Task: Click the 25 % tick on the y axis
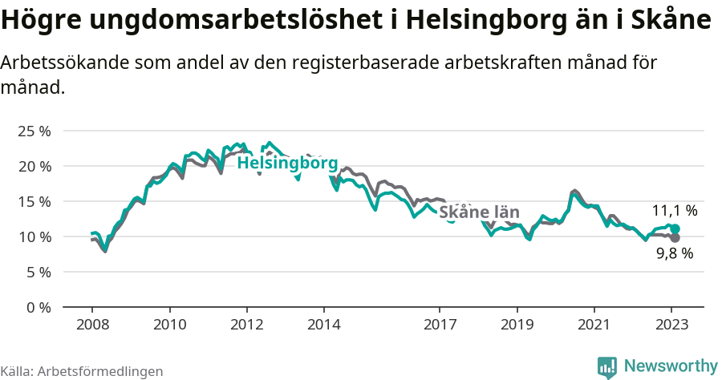[x=34, y=131]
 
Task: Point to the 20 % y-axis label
[x=34, y=166]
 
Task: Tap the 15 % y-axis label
[x=34, y=201]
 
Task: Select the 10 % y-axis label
[x=34, y=236]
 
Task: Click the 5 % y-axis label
[x=38, y=272]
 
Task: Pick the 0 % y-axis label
[x=38, y=307]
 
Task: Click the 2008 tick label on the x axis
[x=92, y=325]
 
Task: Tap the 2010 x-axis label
[x=169, y=325]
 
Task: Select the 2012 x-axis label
[x=246, y=325]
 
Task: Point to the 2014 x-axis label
[x=323, y=325]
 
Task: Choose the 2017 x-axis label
[x=440, y=325]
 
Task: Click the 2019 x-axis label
[x=517, y=325]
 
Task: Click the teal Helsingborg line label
[x=287, y=163]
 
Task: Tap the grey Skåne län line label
[x=479, y=212]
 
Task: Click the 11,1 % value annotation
[x=674, y=211]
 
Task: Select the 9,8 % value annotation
[x=674, y=253]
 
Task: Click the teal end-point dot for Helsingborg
[x=675, y=228]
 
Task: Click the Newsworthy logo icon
[x=607, y=366]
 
